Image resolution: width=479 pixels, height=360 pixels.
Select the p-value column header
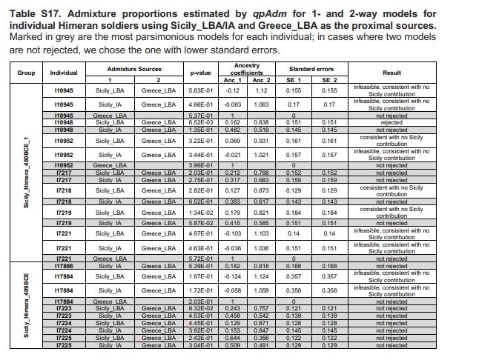tap(201, 72)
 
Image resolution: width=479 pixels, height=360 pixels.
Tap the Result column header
tap(392, 72)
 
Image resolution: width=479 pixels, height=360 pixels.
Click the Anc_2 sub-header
tap(262, 79)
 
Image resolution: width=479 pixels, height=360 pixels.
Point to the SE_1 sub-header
tap(294, 79)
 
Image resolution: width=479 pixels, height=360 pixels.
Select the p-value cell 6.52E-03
tap(201, 122)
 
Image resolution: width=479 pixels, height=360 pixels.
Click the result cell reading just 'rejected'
tap(392, 122)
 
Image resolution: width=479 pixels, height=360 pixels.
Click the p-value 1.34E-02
tap(201, 213)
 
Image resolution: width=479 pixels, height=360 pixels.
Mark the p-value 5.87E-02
tap(201, 222)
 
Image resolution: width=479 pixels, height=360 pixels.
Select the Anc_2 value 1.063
tap(262, 105)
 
